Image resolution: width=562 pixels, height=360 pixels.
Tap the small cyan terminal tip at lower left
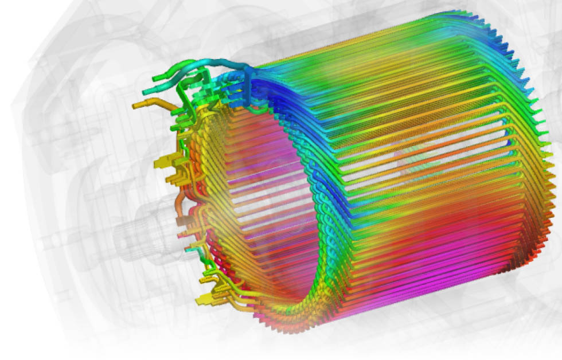click(187, 250)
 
